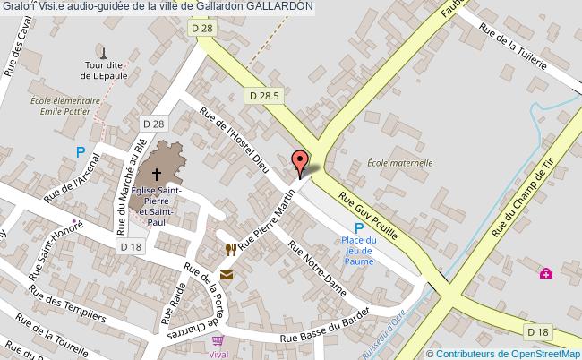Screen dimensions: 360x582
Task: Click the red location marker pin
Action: [301, 160]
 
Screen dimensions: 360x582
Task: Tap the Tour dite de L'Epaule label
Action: [104, 71]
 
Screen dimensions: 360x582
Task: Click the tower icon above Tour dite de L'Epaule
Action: [104, 52]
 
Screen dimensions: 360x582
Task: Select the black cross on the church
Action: [157, 175]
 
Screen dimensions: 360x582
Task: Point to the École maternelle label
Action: [399, 164]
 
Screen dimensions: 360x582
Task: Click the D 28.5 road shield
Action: [264, 95]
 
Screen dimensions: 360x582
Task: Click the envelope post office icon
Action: [226, 274]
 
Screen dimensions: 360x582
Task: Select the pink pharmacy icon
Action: [545, 273]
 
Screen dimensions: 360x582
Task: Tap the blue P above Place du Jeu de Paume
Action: [358, 227]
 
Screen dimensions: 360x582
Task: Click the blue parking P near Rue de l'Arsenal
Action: [80, 152]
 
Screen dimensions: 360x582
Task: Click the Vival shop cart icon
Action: [217, 340]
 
